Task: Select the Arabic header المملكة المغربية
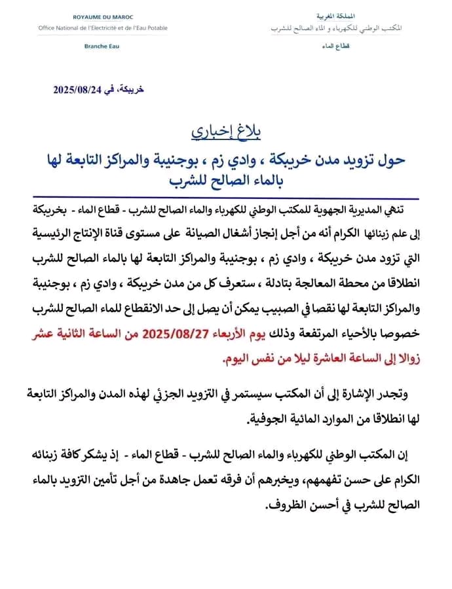point(335,14)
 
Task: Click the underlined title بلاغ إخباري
point(226,131)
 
